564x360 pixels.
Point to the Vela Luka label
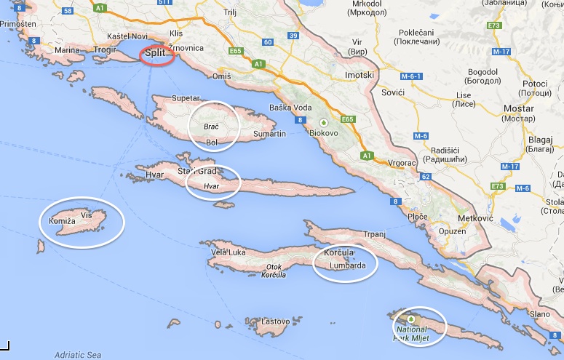coord(227,252)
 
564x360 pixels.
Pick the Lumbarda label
coord(347,265)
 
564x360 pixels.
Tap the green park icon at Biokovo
coord(336,121)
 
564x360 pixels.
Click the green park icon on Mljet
coord(410,319)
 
